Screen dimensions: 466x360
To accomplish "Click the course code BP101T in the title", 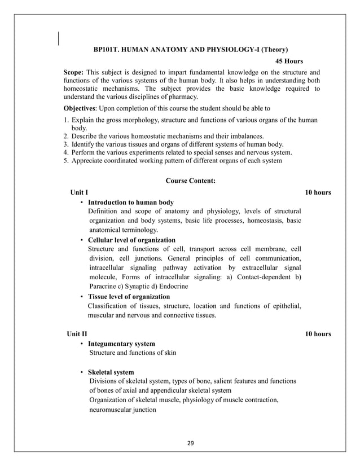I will pyautogui.click(x=106, y=50).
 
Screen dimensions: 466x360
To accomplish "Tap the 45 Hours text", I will pyautogui.click(x=288, y=61).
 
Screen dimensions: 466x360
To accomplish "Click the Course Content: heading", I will pyautogui.click(x=190, y=181).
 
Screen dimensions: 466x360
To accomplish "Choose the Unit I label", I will pyautogui.click(x=78, y=192).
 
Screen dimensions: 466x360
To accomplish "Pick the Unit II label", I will pyautogui.click(x=77, y=334).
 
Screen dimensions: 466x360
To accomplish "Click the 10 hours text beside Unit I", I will pyautogui.click(x=318, y=192).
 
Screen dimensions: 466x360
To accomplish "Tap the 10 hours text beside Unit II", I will pyautogui.click(x=318, y=334).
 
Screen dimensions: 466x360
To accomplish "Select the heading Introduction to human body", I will pyautogui.click(x=131, y=202).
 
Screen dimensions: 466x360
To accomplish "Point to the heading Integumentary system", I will pyautogui.click(x=121, y=343).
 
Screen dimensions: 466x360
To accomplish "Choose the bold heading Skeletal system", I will pyautogui.click(x=111, y=372).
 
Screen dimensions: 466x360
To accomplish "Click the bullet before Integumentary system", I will pyautogui.click(x=82, y=344).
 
